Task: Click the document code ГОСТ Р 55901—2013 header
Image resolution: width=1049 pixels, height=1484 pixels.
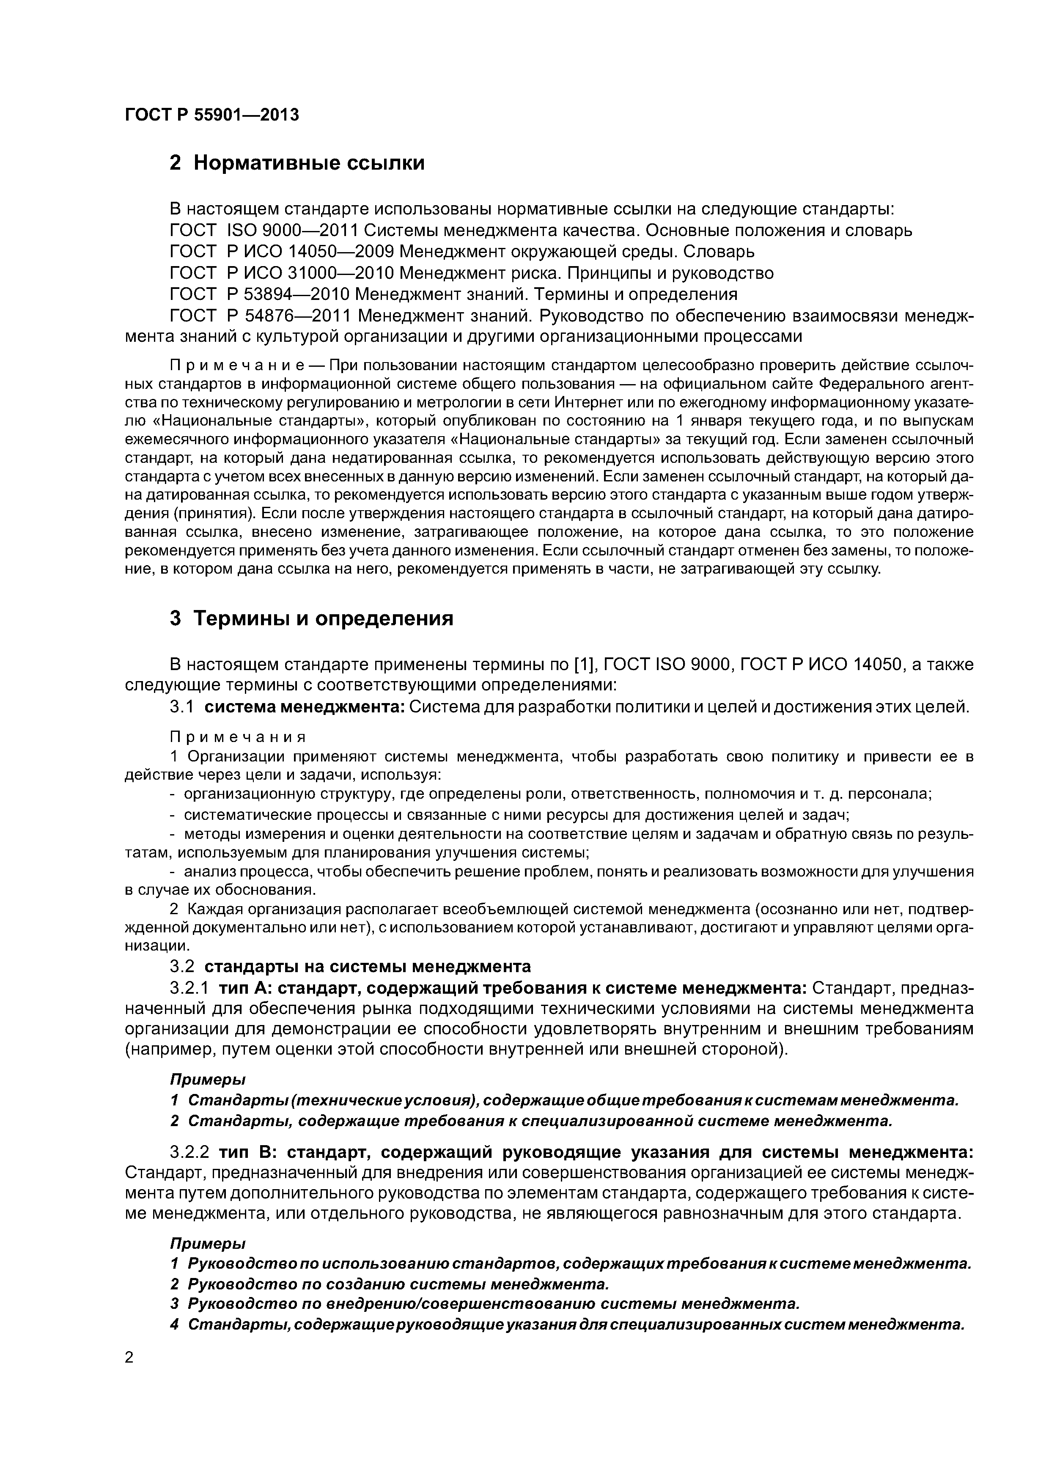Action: point(212,115)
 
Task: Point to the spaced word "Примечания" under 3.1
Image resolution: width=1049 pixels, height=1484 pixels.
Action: point(237,737)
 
